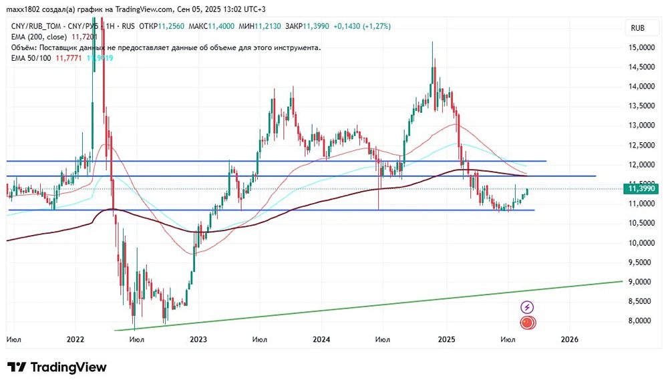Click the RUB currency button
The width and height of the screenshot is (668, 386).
pos(637,28)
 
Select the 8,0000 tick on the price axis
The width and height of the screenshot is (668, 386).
pos(640,321)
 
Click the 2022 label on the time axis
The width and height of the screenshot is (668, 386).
pos(75,339)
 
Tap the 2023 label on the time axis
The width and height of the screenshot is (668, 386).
pos(198,339)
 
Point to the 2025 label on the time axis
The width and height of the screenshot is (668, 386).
pos(446,339)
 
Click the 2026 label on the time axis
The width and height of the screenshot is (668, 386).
pos(569,339)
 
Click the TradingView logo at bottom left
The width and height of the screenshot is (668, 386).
pos(57,367)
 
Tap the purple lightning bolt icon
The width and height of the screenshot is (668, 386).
pos(528,307)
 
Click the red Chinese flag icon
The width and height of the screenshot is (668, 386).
pos(528,323)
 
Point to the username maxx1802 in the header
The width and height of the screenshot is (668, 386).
pos(23,9)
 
